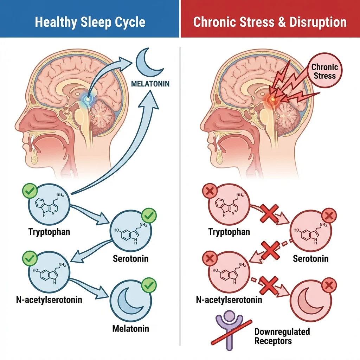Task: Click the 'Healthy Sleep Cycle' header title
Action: click(x=90, y=22)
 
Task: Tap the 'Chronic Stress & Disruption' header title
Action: click(x=270, y=22)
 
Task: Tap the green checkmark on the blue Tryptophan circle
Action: click(x=30, y=191)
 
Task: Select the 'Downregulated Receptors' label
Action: click(x=282, y=336)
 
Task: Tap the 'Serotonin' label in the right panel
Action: click(x=311, y=258)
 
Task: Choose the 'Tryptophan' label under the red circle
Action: click(x=229, y=232)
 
